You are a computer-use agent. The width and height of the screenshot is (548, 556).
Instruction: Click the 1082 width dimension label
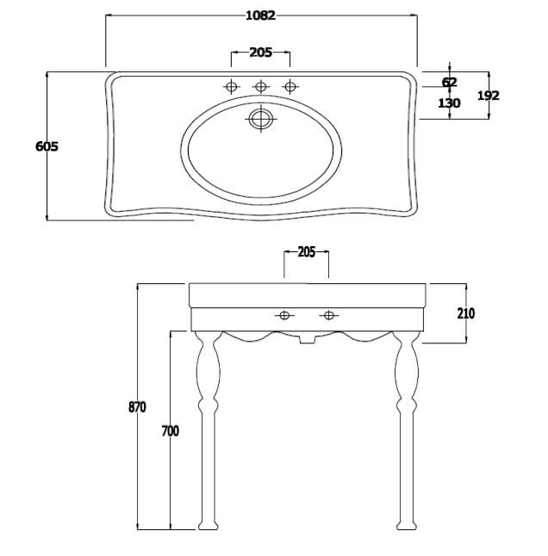(x=261, y=15)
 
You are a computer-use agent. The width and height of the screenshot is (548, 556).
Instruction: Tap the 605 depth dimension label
(x=47, y=146)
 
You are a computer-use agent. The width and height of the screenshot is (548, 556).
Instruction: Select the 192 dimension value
(x=489, y=96)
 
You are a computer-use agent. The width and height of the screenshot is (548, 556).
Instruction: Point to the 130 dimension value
(x=449, y=103)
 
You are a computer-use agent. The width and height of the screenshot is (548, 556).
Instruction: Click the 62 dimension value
(x=450, y=83)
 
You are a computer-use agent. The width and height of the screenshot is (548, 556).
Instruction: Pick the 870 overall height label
(x=137, y=407)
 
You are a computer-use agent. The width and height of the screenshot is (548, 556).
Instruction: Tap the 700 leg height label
(x=171, y=431)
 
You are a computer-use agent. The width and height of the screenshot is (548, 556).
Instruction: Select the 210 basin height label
(x=465, y=313)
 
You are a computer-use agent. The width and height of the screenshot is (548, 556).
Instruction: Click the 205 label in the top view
(x=261, y=53)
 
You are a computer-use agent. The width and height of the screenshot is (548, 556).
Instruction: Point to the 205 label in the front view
(x=306, y=252)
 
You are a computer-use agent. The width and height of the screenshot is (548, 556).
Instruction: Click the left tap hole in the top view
(x=232, y=86)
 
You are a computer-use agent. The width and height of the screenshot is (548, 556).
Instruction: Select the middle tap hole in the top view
(x=261, y=86)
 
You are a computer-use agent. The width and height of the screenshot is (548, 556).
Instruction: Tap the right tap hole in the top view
(x=290, y=86)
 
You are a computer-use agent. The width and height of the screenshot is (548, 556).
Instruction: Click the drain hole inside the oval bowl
(x=261, y=119)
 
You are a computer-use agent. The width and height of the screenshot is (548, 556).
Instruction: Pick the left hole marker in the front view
(x=284, y=315)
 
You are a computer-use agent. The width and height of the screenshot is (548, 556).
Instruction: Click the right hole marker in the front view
(x=328, y=315)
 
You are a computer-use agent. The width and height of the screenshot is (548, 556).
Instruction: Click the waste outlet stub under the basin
(x=307, y=339)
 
